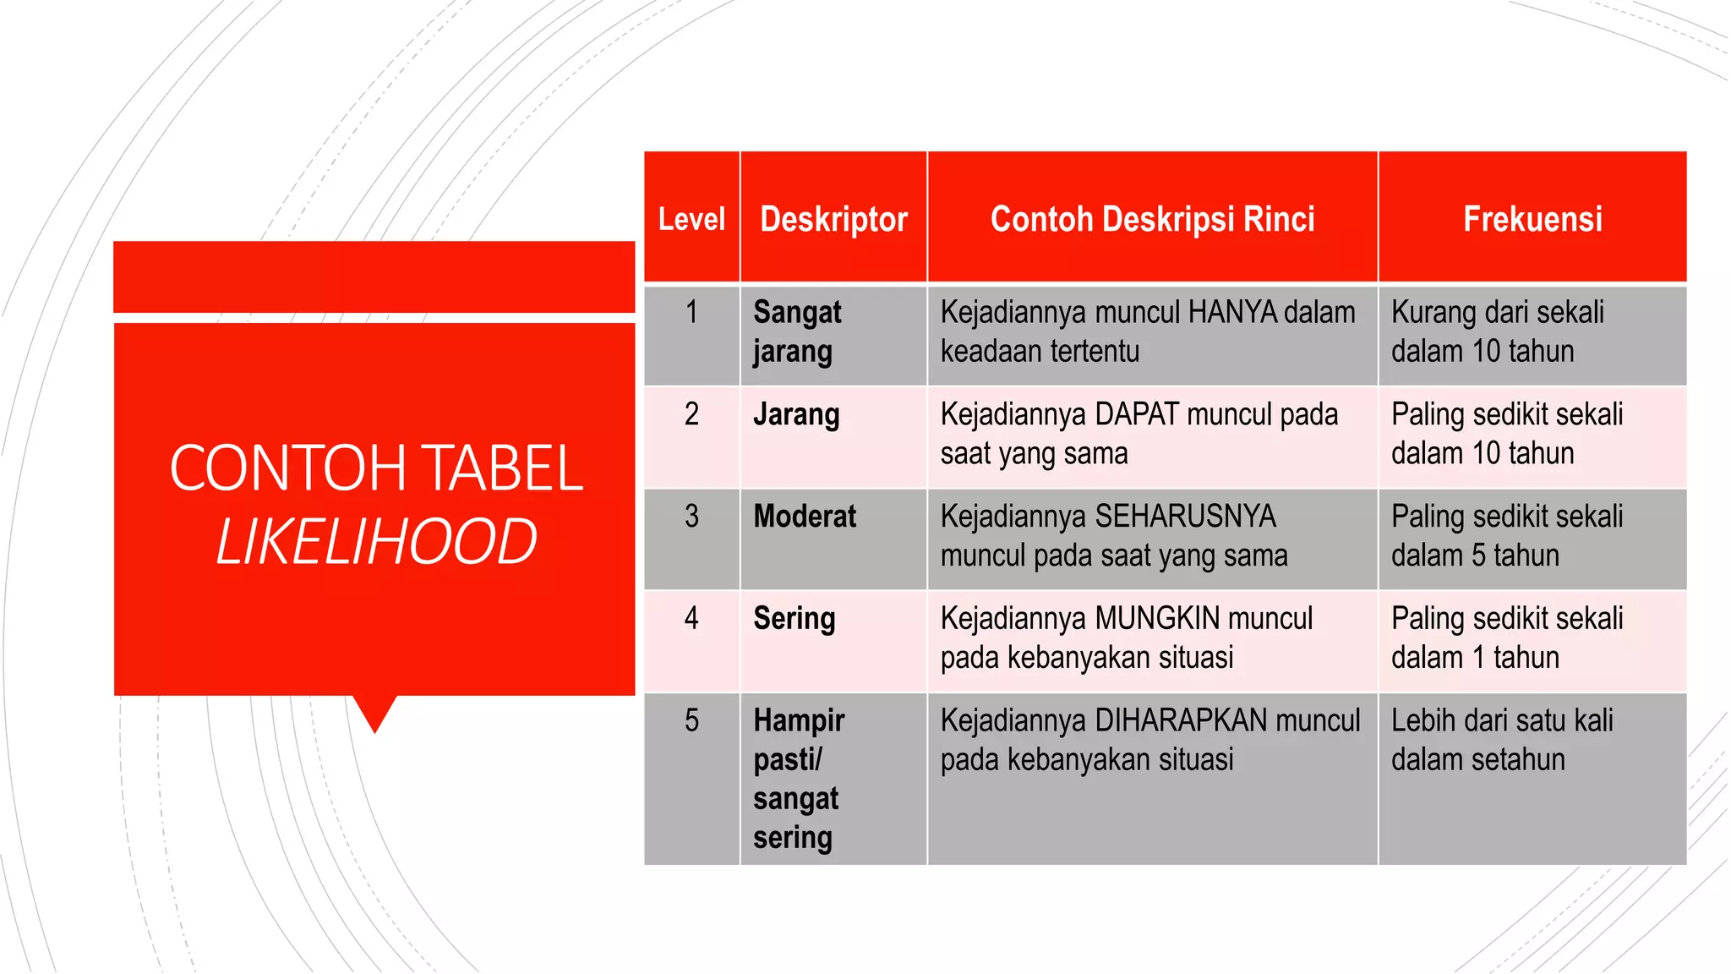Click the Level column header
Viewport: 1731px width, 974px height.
[x=691, y=219]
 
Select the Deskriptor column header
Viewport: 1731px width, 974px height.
[x=833, y=219]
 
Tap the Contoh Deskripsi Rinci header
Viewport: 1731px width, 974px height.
[x=1152, y=219]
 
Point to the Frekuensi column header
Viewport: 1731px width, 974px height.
[x=1532, y=219]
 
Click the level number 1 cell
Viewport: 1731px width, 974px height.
[x=691, y=313]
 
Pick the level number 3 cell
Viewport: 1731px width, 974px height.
[x=691, y=517]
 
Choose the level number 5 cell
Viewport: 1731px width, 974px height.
[x=691, y=721]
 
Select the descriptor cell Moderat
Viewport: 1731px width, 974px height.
[x=805, y=517]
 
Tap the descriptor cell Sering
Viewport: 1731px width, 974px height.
[x=795, y=619]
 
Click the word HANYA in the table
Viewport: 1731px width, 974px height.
[x=1232, y=313]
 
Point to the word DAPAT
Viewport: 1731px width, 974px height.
[x=1137, y=415]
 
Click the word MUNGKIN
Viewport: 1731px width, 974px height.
[x=1157, y=619]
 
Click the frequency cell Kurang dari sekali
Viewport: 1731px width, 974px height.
[x=1498, y=331]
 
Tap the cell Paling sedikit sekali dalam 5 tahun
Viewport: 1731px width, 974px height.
[x=1507, y=536]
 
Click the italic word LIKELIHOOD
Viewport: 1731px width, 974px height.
[x=376, y=542]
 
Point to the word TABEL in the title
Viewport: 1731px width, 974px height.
[x=502, y=468]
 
